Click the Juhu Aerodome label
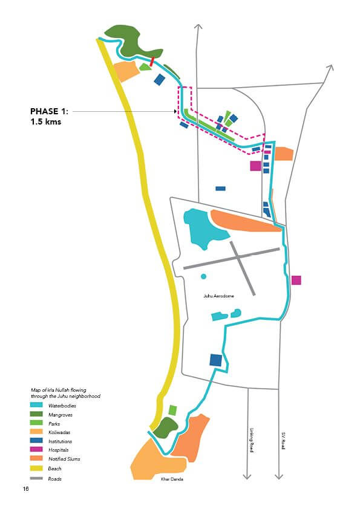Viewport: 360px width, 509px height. pyautogui.click(x=218, y=296)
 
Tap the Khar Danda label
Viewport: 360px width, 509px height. pyautogui.click(x=172, y=479)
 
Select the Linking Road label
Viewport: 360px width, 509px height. pyautogui.click(x=251, y=440)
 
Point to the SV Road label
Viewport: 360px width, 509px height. pyautogui.click(x=283, y=441)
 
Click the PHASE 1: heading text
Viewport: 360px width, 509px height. pyautogui.click(x=50, y=111)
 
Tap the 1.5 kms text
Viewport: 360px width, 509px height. pyautogui.click(x=46, y=122)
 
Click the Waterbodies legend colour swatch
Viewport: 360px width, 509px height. pyautogui.click(x=36, y=405)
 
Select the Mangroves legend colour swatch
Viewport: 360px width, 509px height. pyautogui.click(x=36, y=414)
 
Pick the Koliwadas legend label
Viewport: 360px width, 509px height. pyautogui.click(x=59, y=432)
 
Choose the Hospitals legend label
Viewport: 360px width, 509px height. pyautogui.click(x=59, y=450)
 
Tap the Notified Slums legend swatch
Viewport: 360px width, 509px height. pyautogui.click(x=36, y=458)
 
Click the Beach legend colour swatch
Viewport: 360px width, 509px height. pyautogui.click(x=36, y=468)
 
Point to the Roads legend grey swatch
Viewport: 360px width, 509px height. pyautogui.click(x=36, y=479)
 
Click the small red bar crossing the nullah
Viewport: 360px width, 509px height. pyautogui.click(x=152, y=61)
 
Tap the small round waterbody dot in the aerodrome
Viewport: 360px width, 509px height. pyautogui.click(x=204, y=277)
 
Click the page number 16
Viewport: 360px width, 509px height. pyautogui.click(x=26, y=489)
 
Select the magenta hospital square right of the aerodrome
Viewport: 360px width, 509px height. pyautogui.click(x=296, y=280)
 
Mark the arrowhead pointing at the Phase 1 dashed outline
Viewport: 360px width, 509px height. pyautogui.click(x=175, y=111)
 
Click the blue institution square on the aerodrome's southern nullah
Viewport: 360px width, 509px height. pyautogui.click(x=216, y=360)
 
